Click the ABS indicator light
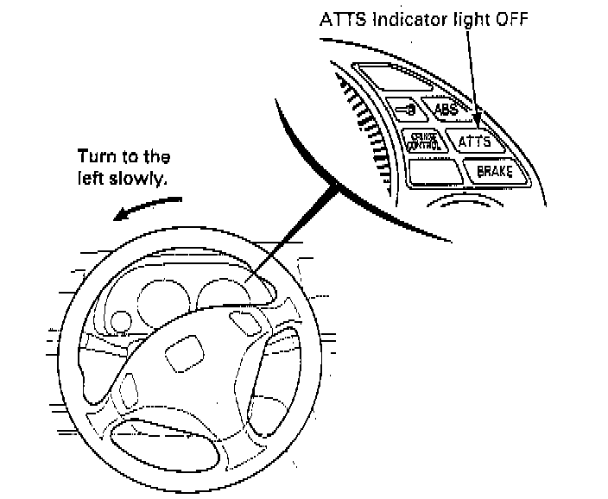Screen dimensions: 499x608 [446, 110]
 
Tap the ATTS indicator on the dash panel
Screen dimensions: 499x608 [474, 141]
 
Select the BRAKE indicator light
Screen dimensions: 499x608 [494, 171]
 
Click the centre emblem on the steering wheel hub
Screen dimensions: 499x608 [187, 355]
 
